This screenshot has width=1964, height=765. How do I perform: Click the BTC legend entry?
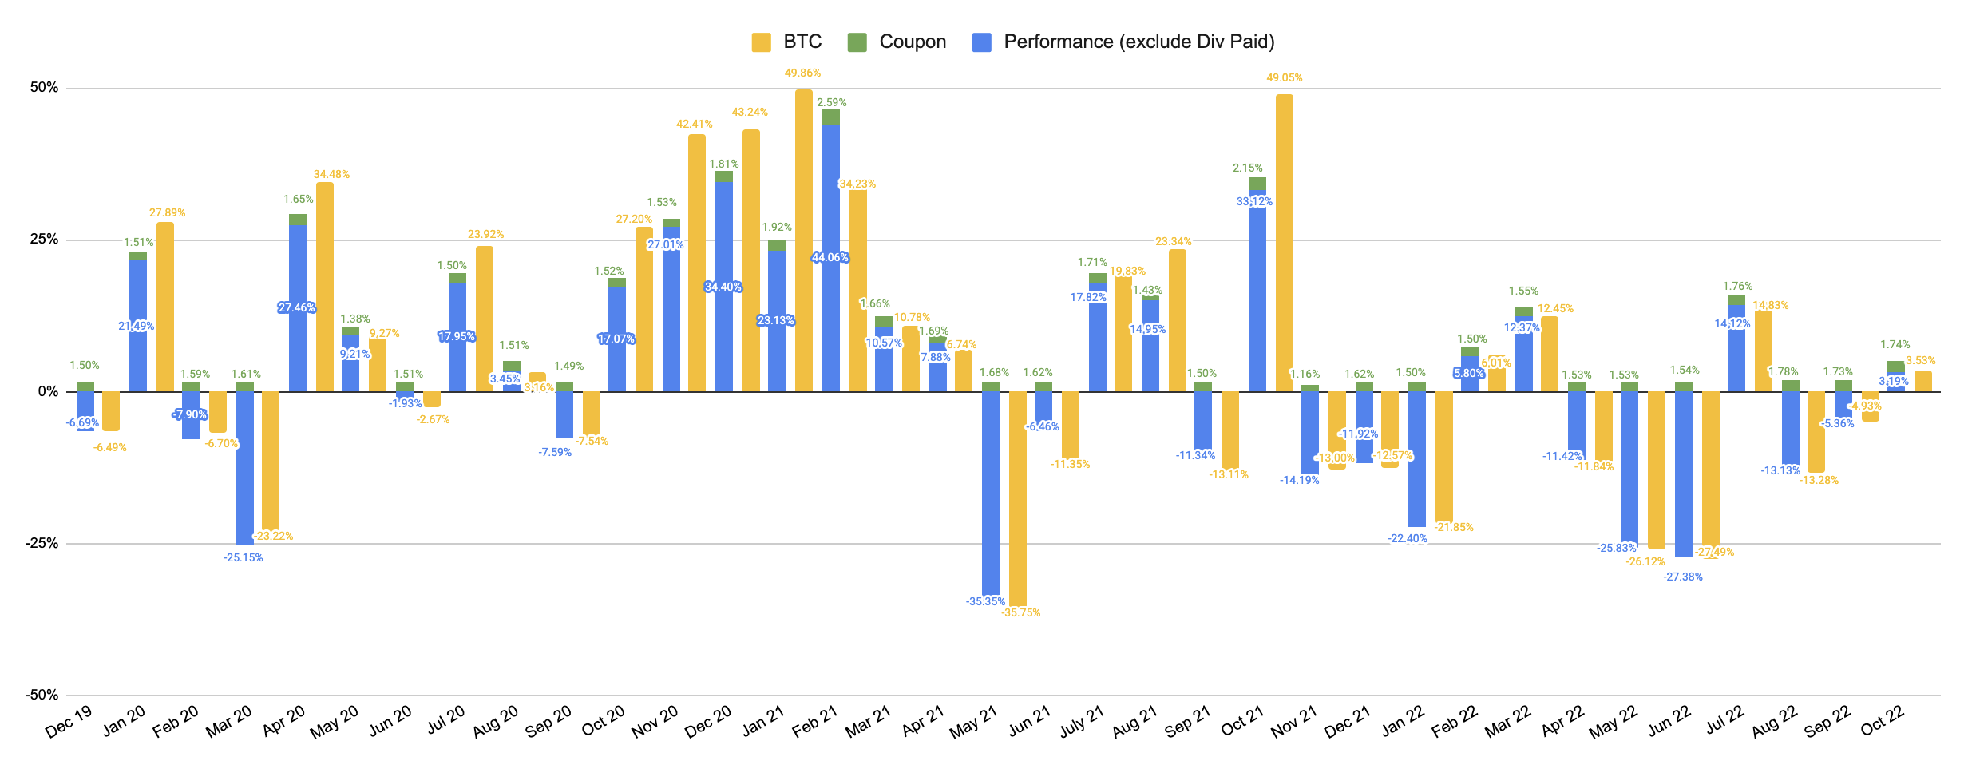tap(786, 42)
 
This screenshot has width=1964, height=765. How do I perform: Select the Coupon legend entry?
tap(897, 42)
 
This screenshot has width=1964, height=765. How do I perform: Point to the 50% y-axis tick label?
tap(45, 88)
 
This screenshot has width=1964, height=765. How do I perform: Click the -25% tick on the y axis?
tap(42, 544)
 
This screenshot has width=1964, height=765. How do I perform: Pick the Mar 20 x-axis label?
tap(229, 721)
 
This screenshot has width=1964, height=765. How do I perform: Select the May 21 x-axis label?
tap(974, 721)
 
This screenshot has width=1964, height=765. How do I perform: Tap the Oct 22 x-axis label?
tap(1882, 721)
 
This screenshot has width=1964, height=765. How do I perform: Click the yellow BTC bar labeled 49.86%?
tap(804, 240)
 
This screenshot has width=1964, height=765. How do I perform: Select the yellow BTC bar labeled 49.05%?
tap(1285, 240)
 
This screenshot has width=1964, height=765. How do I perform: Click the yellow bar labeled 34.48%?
tap(325, 287)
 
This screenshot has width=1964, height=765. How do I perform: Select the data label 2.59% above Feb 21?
tap(832, 102)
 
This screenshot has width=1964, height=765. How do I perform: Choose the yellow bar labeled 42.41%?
tap(697, 264)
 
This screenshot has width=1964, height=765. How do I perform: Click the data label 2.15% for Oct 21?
tap(1248, 168)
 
